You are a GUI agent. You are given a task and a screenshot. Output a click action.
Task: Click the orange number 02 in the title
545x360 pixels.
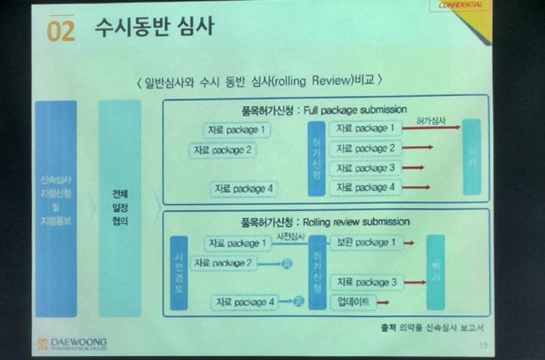click(61, 31)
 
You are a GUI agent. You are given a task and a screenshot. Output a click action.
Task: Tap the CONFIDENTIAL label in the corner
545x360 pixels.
click(464, 6)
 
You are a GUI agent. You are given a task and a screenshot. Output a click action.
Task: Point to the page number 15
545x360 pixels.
click(482, 345)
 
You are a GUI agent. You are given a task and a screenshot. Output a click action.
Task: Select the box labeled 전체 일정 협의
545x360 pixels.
click(120, 209)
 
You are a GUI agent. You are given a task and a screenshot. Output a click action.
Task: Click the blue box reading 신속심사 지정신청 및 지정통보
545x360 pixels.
click(56, 209)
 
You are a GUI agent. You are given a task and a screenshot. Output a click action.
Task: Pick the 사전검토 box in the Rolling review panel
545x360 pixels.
click(178, 272)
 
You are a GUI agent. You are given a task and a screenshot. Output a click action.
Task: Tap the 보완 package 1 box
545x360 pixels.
click(365, 243)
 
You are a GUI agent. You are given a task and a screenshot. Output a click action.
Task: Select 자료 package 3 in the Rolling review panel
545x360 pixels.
click(367, 282)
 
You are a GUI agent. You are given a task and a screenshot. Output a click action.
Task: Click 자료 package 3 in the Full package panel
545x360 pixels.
click(365, 168)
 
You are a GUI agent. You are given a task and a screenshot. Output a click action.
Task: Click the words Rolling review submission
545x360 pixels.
click(356, 221)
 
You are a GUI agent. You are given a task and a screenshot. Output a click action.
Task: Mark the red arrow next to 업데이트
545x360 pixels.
click(383, 302)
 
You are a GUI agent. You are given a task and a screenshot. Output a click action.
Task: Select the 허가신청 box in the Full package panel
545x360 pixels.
click(316, 158)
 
